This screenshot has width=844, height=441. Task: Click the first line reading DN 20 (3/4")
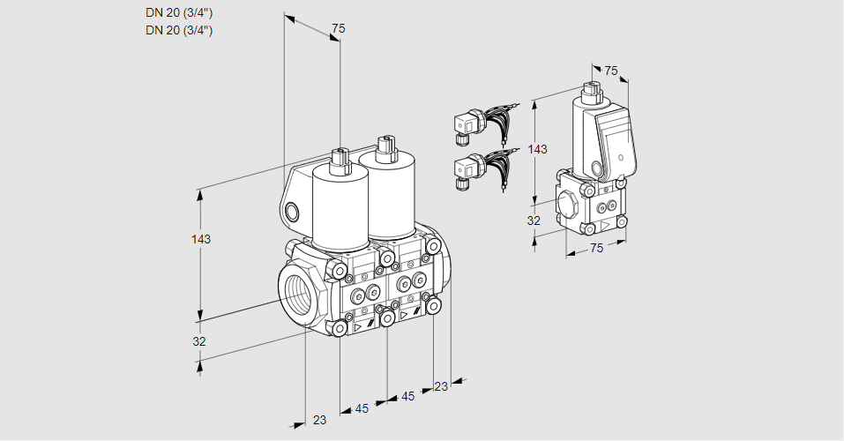(179, 12)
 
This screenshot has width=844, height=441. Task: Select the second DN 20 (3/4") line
(179, 30)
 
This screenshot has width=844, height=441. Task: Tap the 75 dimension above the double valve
(338, 29)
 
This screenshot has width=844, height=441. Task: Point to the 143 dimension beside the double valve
(201, 239)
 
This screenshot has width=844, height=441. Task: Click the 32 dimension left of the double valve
(199, 341)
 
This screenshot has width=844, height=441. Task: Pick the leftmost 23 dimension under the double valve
(319, 420)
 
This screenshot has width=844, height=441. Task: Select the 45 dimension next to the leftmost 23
(362, 408)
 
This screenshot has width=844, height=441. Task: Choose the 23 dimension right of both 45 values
(441, 386)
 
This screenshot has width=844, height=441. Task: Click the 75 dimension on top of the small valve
(611, 71)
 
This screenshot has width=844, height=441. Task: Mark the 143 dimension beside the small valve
(536, 149)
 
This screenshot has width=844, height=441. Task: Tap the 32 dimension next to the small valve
(534, 220)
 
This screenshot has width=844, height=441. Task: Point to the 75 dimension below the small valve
(596, 249)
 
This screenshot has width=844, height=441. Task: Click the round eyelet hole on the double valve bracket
(292, 211)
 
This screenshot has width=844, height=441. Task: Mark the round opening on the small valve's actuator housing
(599, 168)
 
